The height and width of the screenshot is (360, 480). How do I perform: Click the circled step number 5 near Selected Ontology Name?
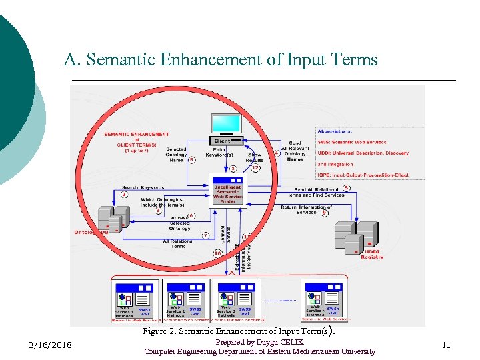(192, 159)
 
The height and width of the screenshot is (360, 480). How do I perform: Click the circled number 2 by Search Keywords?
(124, 195)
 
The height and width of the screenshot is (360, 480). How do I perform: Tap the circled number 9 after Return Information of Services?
(325, 213)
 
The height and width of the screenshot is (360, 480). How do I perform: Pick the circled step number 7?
(206, 235)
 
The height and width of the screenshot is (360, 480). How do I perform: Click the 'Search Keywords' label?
(143, 188)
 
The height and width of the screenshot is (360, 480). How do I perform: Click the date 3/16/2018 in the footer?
(51, 345)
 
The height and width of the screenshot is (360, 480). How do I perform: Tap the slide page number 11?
(446, 345)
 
